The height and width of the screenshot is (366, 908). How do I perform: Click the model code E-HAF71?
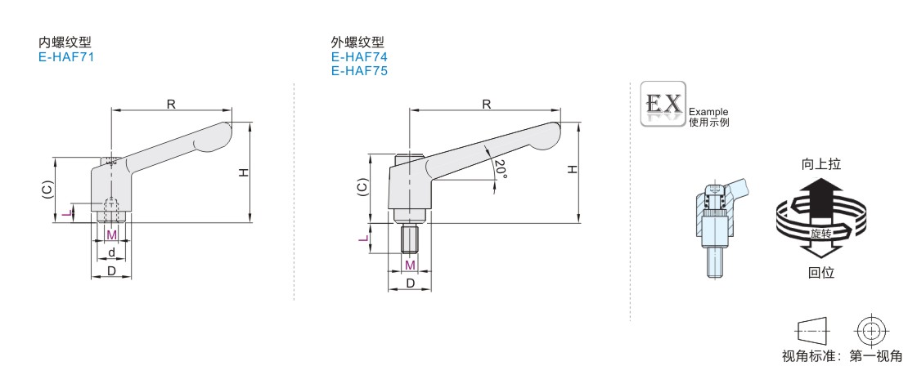[66, 57]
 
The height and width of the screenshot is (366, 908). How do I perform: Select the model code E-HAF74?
[360, 57]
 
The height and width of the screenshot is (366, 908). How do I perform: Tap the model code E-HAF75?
[360, 71]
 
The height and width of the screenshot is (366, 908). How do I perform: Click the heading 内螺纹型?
[65, 42]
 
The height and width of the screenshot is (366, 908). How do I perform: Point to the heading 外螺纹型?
[357, 42]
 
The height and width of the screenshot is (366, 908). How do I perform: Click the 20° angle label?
[501, 168]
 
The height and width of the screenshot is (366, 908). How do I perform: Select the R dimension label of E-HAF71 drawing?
[172, 104]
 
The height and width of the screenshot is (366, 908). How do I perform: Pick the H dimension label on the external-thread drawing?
[572, 169]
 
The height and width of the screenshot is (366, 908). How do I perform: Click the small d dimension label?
[111, 252]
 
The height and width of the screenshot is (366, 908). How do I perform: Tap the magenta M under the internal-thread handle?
[112, 234]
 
